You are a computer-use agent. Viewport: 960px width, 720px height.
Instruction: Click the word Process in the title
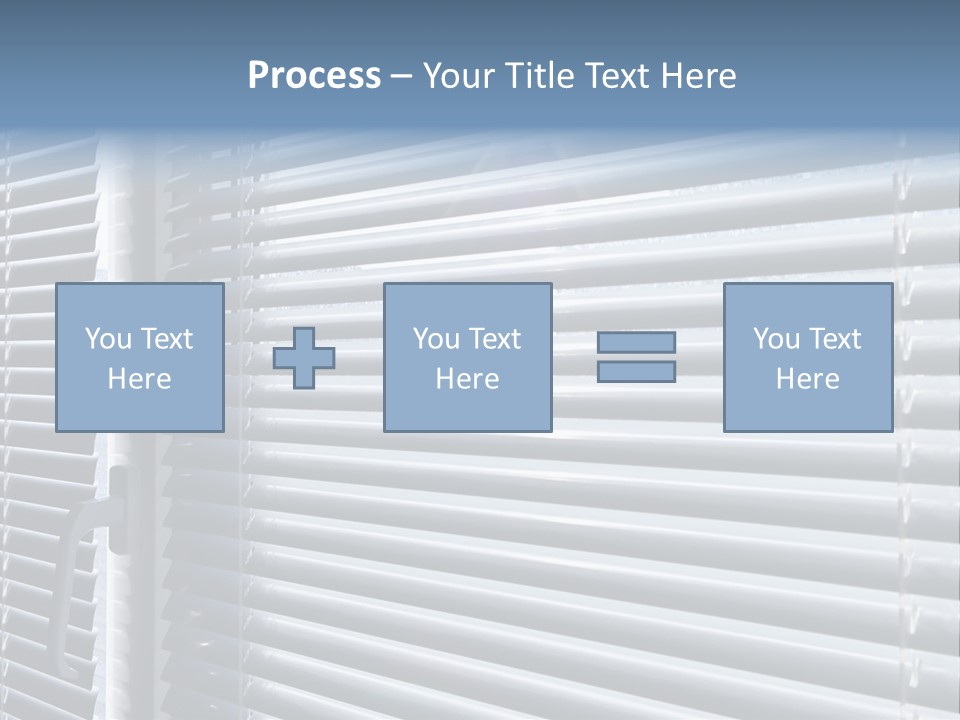314,76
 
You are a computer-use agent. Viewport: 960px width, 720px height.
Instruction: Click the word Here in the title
700,76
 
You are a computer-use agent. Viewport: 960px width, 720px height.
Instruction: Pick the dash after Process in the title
402,77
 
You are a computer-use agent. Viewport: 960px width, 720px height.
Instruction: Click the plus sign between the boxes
304,358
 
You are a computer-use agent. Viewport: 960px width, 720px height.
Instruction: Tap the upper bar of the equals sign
636,342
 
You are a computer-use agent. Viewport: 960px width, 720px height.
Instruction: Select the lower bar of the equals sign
636,372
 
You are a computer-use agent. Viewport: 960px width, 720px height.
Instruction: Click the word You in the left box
107,339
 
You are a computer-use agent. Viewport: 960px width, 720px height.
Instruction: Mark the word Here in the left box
139,379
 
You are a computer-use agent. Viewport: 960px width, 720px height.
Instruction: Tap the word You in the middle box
435,339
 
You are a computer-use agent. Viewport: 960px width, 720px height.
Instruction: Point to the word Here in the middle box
467,379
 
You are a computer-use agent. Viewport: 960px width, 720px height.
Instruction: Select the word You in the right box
775,339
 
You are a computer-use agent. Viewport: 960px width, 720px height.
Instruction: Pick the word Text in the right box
833,339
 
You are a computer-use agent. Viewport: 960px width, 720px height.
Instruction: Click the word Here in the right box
807,379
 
